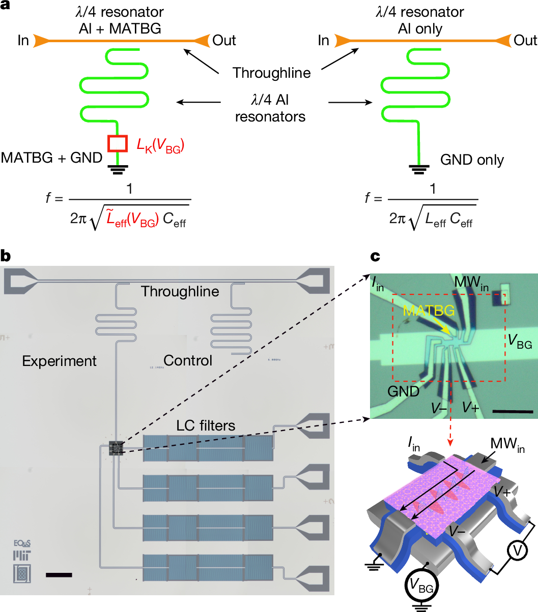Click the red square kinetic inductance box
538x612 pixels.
118,143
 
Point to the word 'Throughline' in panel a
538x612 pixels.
271,73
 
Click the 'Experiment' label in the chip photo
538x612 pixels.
59,361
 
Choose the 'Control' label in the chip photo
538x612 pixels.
188,360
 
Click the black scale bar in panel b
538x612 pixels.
59,575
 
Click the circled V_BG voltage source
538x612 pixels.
422,587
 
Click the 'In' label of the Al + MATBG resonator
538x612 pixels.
23,41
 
